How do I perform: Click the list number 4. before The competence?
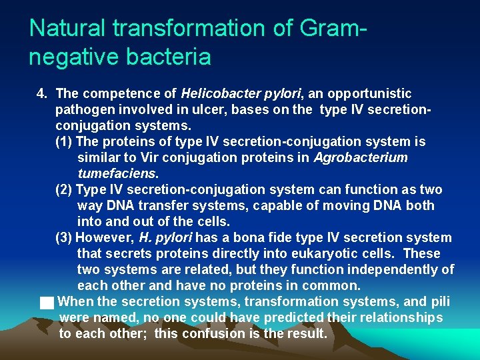tap(43, 93)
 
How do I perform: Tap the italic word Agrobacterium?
tap(361, 157)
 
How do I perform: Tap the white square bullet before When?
tap(46, 303)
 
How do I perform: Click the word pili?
tap(441, 301)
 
